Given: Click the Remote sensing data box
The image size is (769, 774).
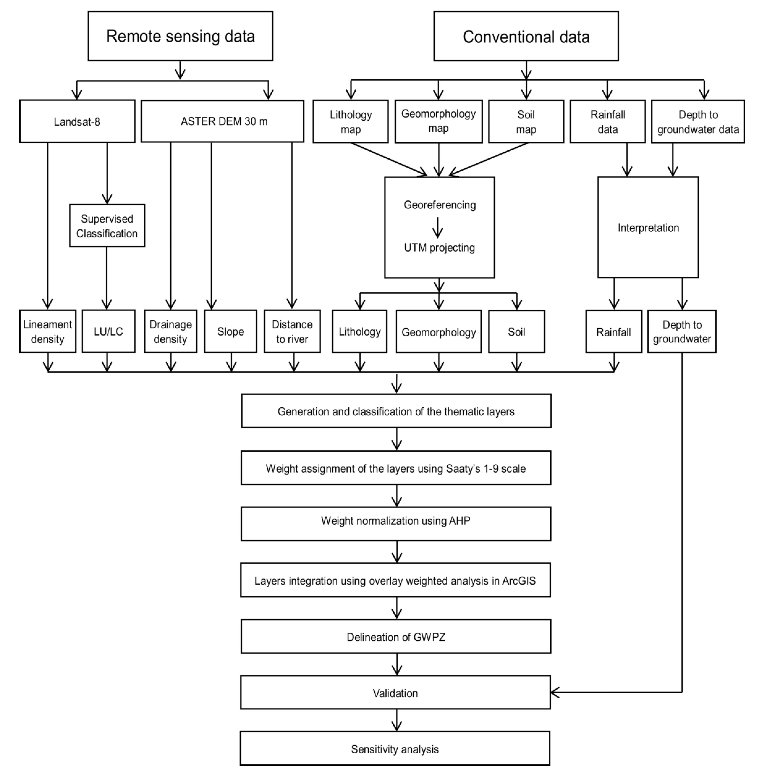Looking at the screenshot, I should coord(180,36).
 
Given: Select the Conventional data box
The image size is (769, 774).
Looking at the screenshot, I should coord(526,36).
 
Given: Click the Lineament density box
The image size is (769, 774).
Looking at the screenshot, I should coord(48,331).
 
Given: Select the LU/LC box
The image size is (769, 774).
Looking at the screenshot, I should coord(108,331).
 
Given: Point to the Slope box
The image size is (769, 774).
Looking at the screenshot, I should coord(230,331).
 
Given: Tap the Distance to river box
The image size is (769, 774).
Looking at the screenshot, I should coord(292,331).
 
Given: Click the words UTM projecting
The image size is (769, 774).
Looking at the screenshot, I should coord(439,248).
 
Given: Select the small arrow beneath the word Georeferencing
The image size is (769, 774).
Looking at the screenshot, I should coord(438,228).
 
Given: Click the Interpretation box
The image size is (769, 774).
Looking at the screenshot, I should coord(648,228).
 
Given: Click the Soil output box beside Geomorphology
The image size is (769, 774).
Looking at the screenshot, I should coord(516,332).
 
